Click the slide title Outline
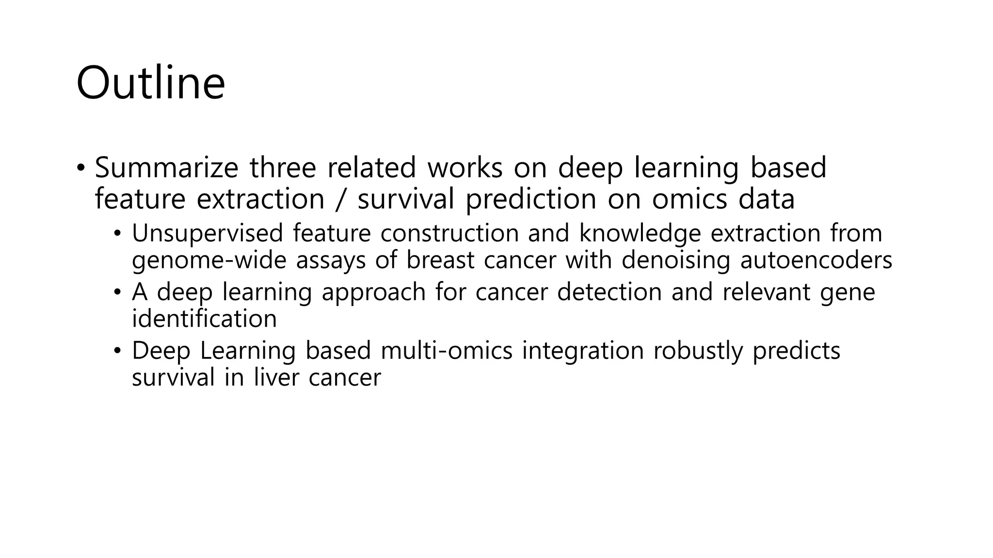click(150, 83)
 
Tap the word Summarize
click(166, 168)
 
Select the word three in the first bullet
click(283, 168)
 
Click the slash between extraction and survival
click(341, 199)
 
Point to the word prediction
click(531, 199)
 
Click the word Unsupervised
click(207, 233)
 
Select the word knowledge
click(640, 233)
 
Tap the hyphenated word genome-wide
click(209, 260)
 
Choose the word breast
click(440, 260)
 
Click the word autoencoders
click(816, 260)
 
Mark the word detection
click(609, 292)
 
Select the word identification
click(204, 319)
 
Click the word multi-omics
click(447, 351)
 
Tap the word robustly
click(698, 351)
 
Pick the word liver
click(276, 377)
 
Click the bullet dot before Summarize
click(80, 169)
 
